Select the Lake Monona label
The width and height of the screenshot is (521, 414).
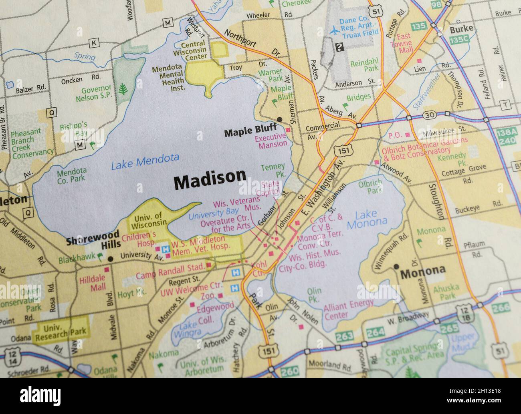(367, 218)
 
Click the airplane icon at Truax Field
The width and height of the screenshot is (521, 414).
(333, 30)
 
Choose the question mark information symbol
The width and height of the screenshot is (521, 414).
(339, 47)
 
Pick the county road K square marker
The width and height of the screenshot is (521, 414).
(94, 43)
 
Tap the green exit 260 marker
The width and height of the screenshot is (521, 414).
(289, 372)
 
